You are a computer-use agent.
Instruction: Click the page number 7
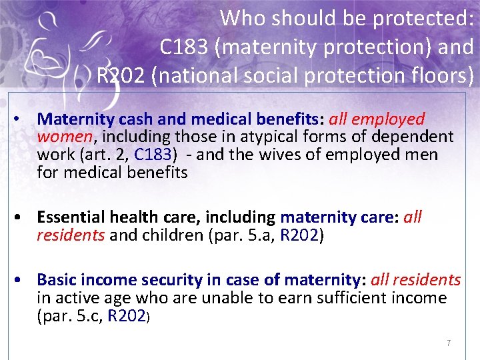tap(449, 343)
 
